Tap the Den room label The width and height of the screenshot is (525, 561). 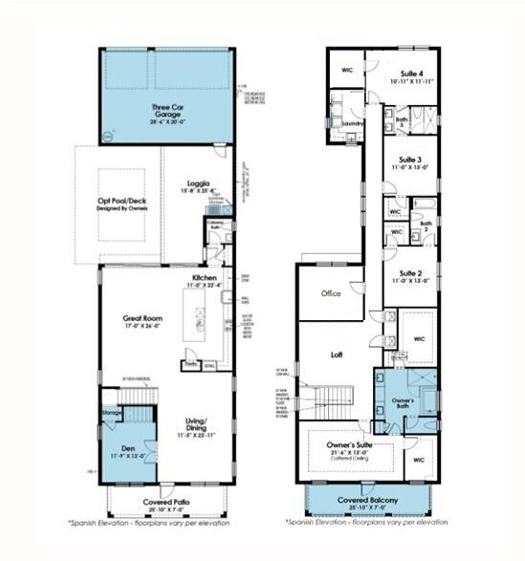(x=128, y=447)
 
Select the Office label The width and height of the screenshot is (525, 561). (x=332, y=293)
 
